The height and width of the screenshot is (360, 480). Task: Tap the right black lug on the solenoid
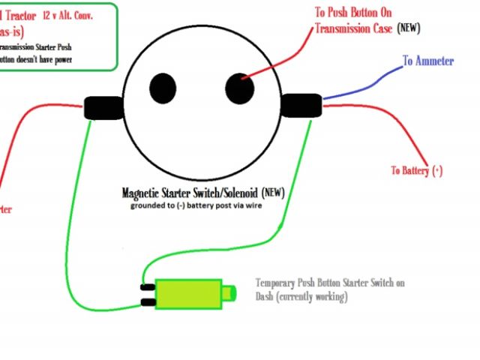point(303,106)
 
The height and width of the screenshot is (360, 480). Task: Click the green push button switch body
point(187,293)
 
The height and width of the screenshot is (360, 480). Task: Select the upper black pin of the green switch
point(148,286)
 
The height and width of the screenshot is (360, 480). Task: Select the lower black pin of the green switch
point(148,302)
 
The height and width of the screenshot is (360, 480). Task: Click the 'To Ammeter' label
point(427,61)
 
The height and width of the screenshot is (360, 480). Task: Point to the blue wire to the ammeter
point(360,85)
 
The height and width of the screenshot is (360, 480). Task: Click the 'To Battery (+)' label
point(417,170)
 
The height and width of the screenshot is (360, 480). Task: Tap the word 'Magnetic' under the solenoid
point(145,192)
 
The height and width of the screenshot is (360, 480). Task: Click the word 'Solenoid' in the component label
point(235,192)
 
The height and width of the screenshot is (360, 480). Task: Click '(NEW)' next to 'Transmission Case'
point(408,28)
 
